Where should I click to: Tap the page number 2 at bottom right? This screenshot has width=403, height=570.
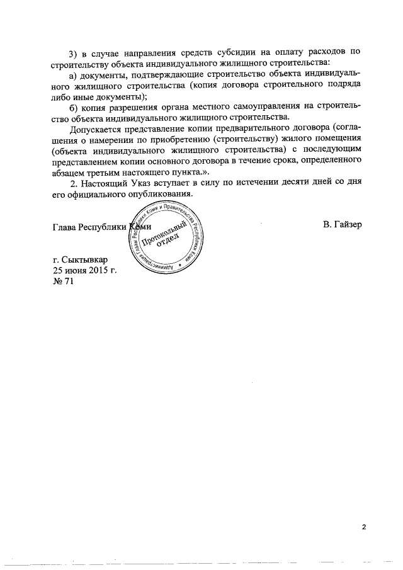coord(363,527)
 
